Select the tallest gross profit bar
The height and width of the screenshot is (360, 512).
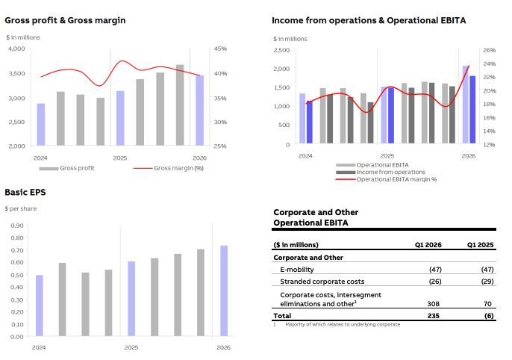[180, 105]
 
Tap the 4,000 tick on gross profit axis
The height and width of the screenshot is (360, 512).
[16, 49]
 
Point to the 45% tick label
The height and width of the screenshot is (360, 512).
[220, 49]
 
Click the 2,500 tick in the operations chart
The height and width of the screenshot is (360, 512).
[281, 50]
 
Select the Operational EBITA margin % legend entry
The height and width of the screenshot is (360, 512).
[396, 179]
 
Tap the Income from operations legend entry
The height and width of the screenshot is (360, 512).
[391, 172]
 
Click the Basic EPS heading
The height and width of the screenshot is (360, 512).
[25, 193]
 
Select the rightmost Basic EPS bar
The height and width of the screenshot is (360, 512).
[224, 291]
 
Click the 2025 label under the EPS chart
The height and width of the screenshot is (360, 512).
[131, 348]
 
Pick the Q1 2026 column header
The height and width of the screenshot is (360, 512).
[428, 245]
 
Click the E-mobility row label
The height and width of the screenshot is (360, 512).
[298, 269]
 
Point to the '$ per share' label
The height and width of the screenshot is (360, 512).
[21, 208]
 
